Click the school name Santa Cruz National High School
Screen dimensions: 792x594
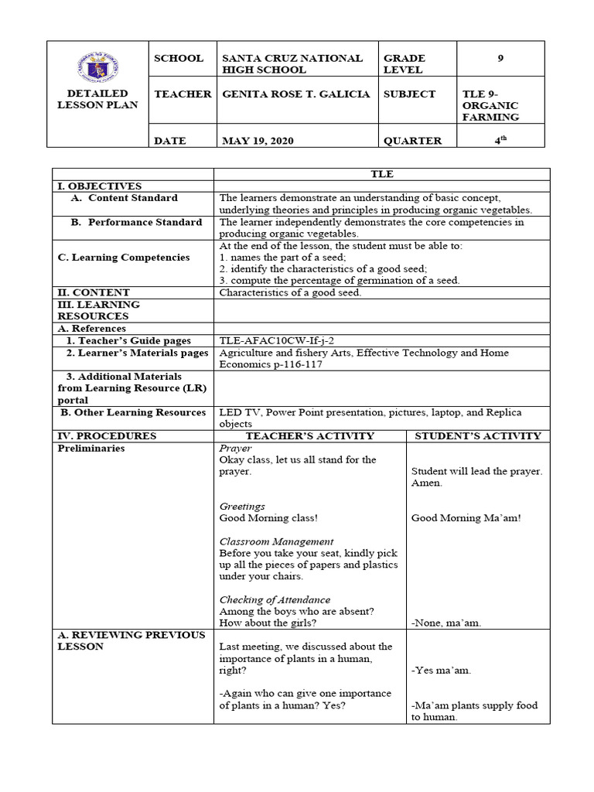tap(292, 63)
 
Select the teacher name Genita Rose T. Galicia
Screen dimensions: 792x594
tap(292, 94)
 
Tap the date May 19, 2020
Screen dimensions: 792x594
tap(258, 141)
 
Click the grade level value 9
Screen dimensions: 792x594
tap(500, 58)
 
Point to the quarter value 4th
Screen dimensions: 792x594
tap(500, 140)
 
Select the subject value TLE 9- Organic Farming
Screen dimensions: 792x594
tap(490, 105)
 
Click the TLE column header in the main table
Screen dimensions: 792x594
tap(381, 174)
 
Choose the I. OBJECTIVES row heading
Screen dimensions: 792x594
tap(100, 186)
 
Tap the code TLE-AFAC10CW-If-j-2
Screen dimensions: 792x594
tap(277, 340)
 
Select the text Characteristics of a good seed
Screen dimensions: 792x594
tap(290, 292)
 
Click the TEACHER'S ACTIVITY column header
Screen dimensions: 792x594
tap(309, 435)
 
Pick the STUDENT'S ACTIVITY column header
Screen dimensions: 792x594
tap(478, 435)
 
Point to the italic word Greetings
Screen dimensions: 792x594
tap(242, 507)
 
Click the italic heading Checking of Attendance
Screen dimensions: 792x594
tap(275, 599)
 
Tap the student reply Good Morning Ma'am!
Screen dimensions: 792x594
tap(466, 518)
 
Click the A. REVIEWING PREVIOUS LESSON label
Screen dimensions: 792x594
tap(131, 640)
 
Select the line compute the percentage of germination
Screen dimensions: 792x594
tap(340, 281)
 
